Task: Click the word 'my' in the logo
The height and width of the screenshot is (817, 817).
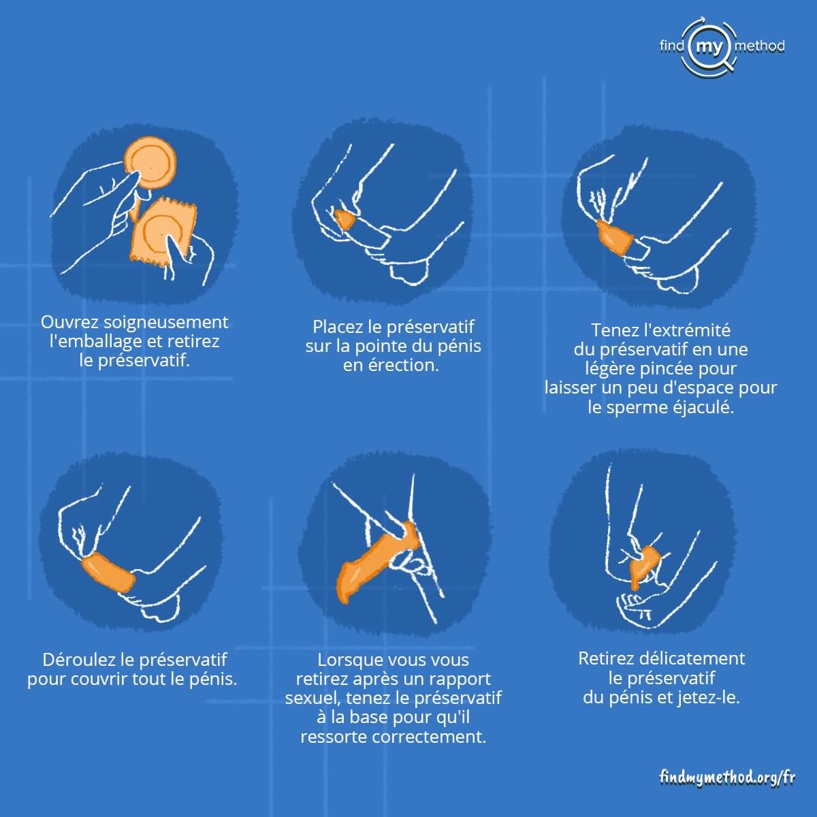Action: pos(709,46)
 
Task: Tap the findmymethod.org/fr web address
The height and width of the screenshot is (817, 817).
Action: pos(727,778)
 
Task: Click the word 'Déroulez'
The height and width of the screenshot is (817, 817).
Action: pos(78,659)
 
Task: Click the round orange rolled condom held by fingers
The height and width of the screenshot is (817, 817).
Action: pos(151,163)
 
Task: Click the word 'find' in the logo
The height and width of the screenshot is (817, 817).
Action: pos(671,46)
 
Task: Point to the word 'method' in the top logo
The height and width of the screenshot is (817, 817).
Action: pos(759,46)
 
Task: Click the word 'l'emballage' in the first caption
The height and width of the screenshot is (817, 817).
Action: pos(95,342)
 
